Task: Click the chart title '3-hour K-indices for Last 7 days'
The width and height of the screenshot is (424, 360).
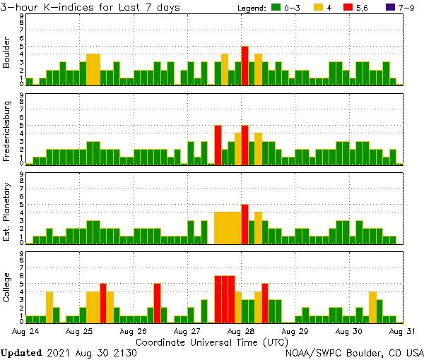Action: [90, 7]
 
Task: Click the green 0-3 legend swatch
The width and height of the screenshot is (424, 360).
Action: [276, 7]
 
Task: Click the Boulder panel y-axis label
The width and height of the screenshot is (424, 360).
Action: [8, 54]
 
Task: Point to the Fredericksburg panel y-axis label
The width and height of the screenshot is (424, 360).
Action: [8, 133]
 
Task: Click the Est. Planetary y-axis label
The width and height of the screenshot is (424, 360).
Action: [8, 212]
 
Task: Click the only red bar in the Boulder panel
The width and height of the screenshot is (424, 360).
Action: [245, 66]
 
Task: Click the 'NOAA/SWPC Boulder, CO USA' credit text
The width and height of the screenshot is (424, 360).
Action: [354, 352]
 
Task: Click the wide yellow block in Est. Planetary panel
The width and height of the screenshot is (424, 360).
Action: [228, 228]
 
